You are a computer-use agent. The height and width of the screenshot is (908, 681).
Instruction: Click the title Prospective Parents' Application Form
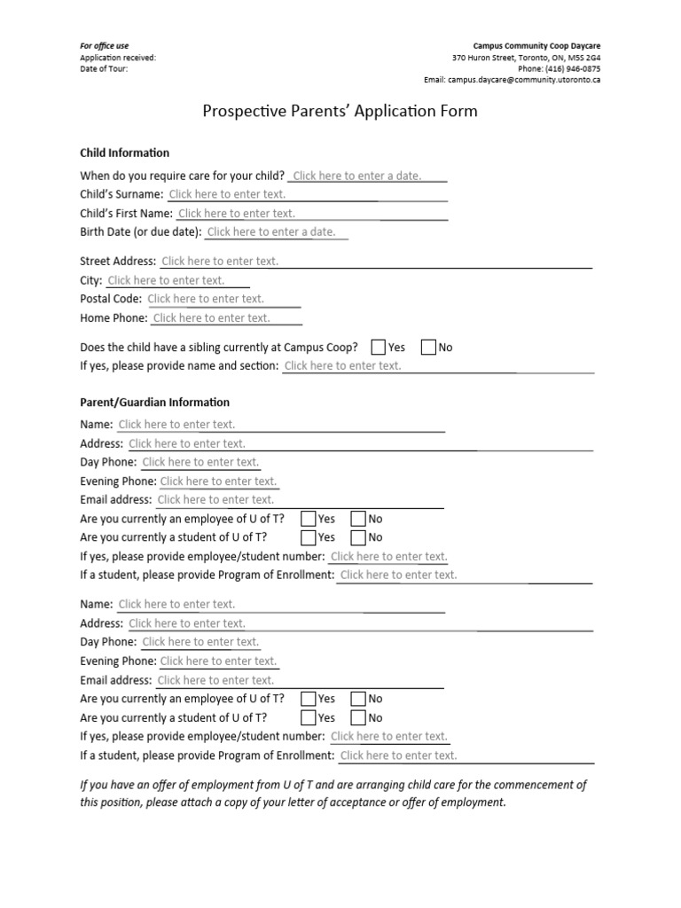point(340,111)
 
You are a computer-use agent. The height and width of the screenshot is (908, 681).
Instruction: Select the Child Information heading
point(124,153)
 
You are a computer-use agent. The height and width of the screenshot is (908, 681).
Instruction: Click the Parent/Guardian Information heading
point(154,402)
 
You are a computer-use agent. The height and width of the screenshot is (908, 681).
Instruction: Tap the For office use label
point(105,45)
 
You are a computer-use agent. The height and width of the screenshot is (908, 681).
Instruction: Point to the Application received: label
point(118,58)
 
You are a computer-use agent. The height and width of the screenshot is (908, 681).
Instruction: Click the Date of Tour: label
point(104,68)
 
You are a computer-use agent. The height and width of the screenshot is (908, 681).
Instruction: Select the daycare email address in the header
point(513,79)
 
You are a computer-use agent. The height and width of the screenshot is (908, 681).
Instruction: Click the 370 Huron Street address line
point(526,58)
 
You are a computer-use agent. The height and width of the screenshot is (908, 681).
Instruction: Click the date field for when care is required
point(357,176)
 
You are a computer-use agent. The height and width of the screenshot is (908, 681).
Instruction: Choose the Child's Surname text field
point(227,194)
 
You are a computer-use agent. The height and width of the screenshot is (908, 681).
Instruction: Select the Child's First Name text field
point(237,213)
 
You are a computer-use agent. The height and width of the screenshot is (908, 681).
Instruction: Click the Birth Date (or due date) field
point(271,231)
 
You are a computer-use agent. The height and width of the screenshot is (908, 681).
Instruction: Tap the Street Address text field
point(220,261)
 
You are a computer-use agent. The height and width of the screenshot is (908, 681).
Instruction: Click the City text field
point(166,280)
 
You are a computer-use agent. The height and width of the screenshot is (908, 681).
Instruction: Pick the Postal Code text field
point(206,299)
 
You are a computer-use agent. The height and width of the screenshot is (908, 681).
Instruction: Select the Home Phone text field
point(211,317)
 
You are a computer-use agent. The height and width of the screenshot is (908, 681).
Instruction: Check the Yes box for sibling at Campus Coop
point(379,347)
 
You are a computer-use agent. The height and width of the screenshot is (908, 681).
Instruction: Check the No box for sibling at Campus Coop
point(428,347)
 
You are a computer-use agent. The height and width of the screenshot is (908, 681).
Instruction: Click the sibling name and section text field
point(342,365)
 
